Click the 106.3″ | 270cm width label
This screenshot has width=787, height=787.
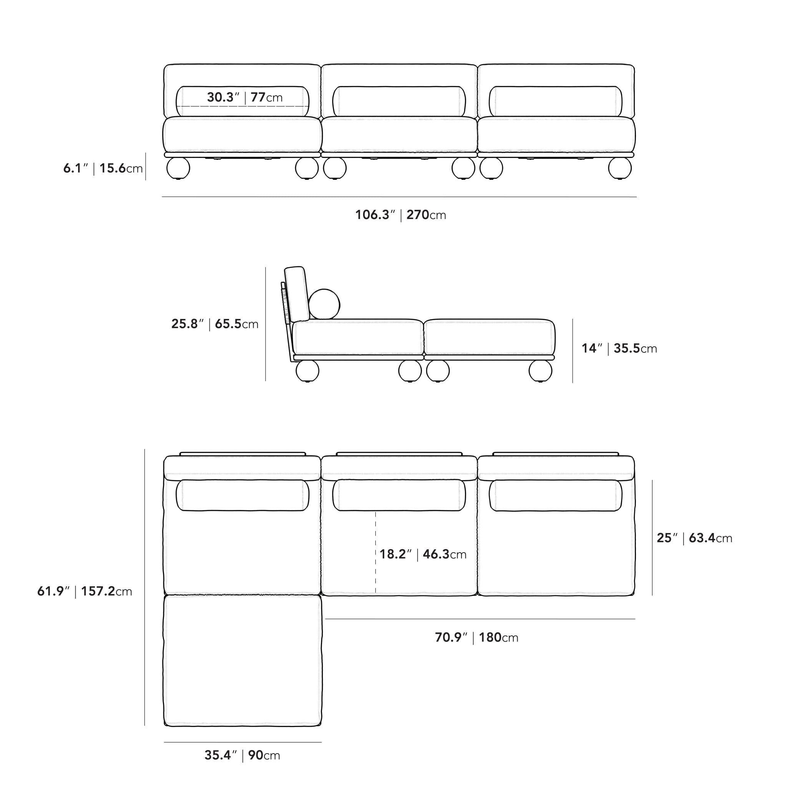pos(400,215)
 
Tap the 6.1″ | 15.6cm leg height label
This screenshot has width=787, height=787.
pos(103,168)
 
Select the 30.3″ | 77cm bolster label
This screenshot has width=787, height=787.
pos(244,97)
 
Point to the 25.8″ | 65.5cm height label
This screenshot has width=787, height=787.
pos(215,324)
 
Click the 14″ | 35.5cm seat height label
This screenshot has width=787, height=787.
pos(619,348)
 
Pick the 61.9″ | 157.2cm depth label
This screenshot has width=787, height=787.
pos(85,591)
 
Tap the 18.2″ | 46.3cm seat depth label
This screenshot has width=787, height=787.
pos(423,554)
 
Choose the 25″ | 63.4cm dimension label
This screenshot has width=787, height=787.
pos(694,538)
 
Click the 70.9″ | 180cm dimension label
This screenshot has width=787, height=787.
pos(477,638)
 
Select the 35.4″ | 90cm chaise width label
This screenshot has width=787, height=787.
pos(242,755)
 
